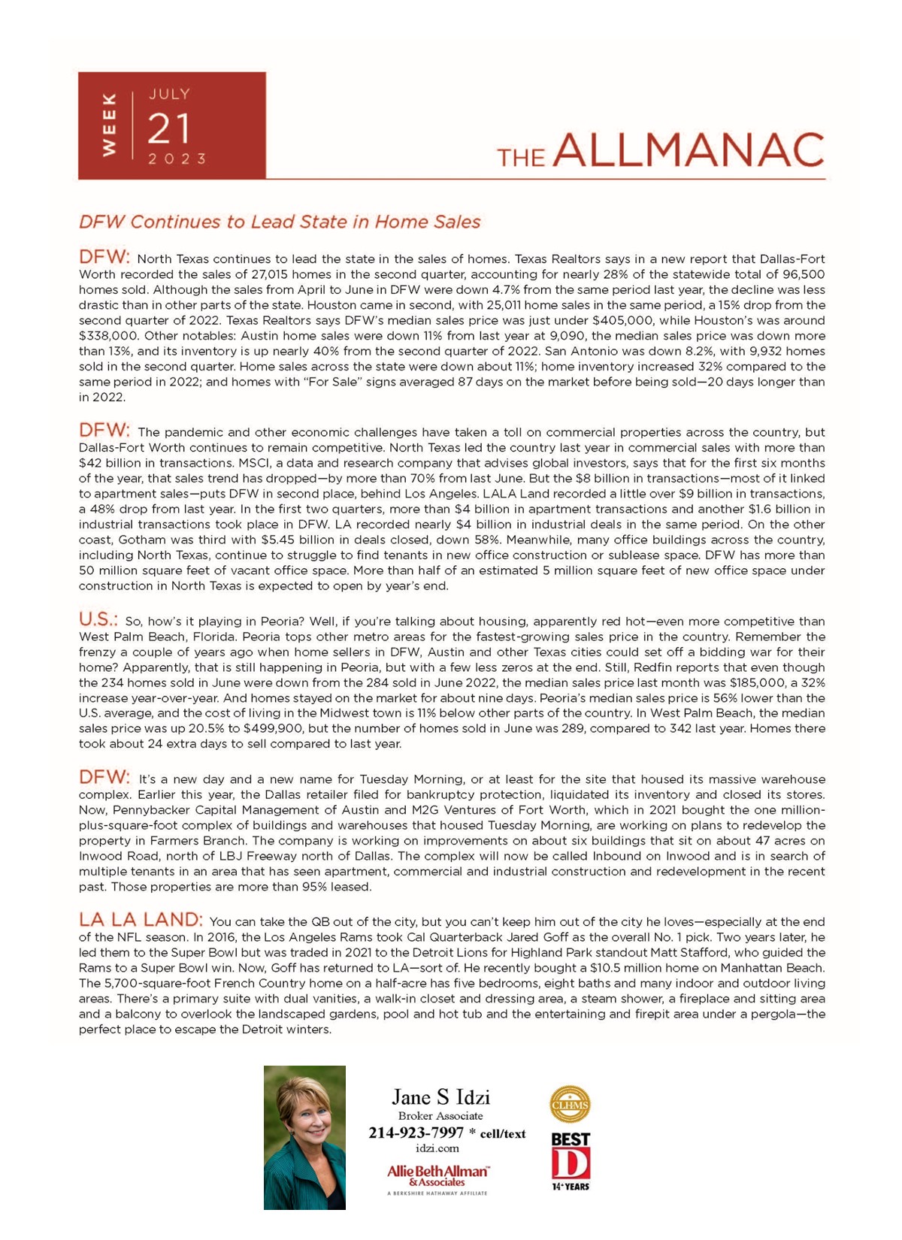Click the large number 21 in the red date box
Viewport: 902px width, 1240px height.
[169, 129]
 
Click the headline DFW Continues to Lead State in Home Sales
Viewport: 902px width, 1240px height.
[280, 222]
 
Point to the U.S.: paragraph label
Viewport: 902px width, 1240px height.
[98, 619]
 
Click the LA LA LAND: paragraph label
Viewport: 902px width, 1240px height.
[141, 919]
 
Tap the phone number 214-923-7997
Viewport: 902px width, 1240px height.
[416, 1133]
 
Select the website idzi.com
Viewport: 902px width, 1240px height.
[437, 1148]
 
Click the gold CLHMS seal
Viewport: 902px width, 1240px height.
[570, 1105]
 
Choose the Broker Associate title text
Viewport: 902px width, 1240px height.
[440, 1116]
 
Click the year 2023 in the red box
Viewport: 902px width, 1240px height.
[177, 159]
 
